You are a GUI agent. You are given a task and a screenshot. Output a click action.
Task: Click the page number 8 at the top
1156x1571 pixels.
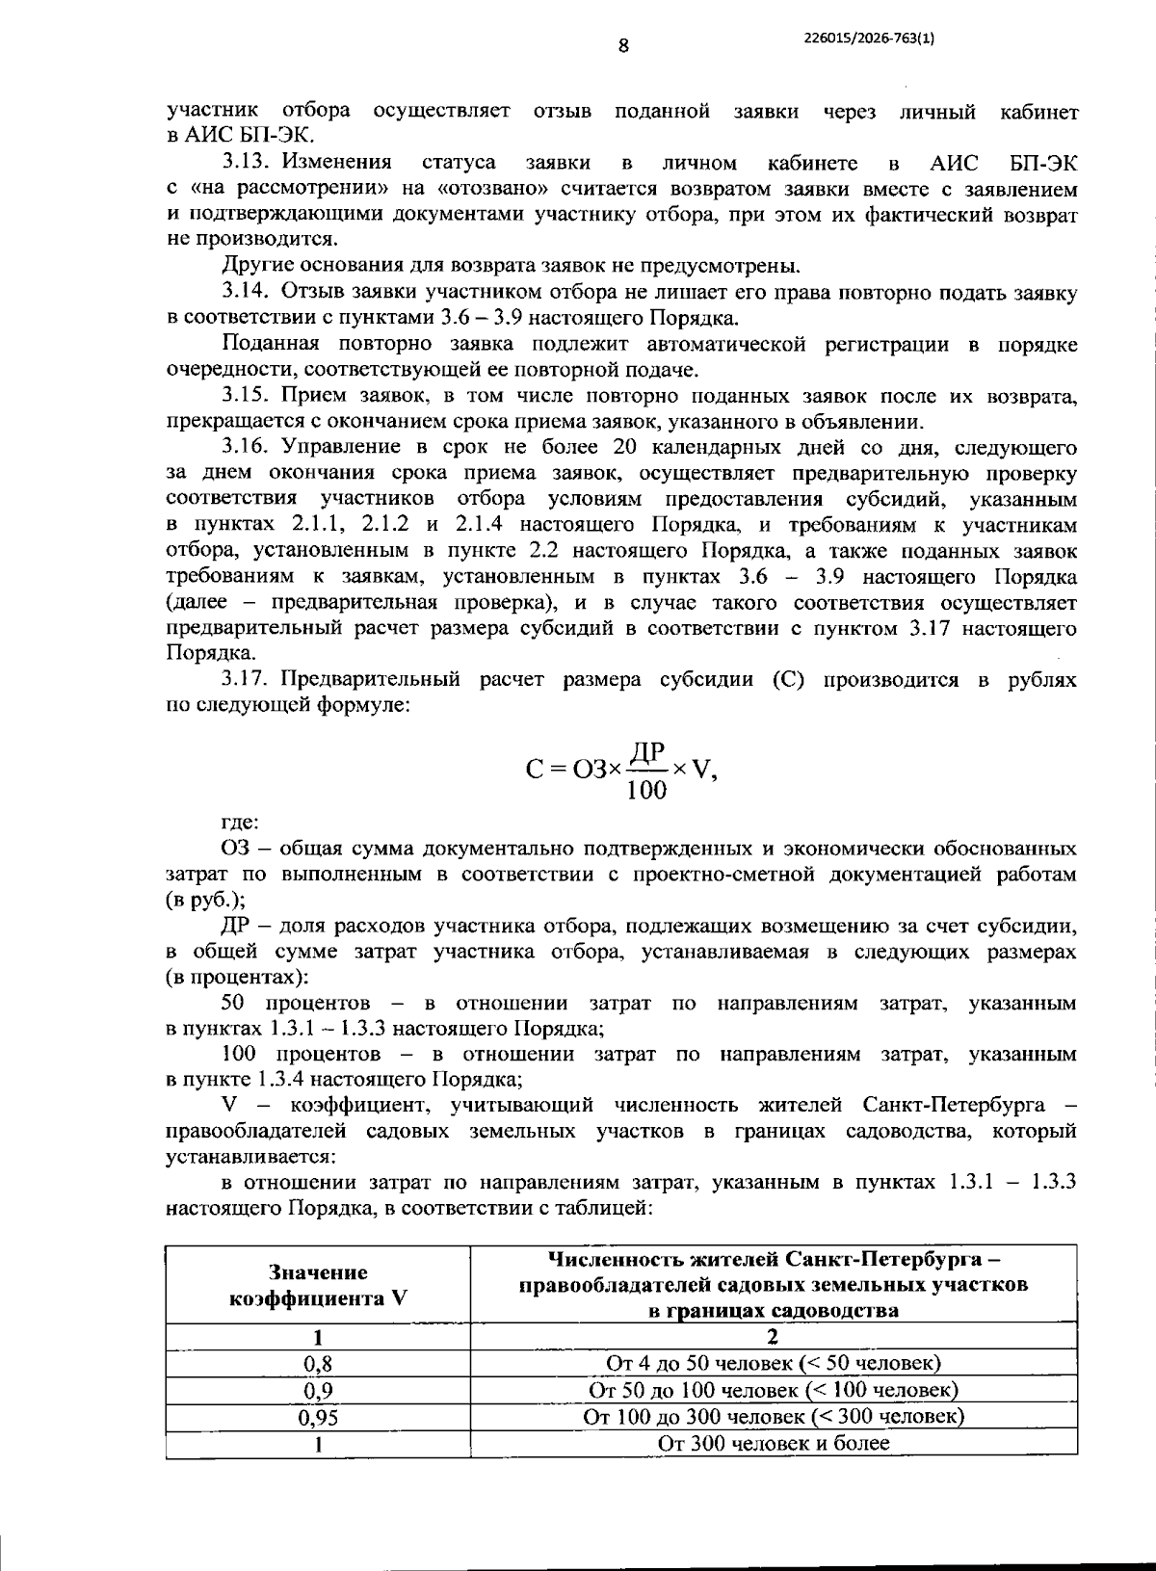(x=623, y=45)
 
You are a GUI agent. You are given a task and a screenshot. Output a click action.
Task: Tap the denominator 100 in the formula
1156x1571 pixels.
(x=646, y=791)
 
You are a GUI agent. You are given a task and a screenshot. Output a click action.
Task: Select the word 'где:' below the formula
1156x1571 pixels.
(x=240, y=824)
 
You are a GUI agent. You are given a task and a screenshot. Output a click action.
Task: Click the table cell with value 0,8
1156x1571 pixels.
(x=317, y=1363)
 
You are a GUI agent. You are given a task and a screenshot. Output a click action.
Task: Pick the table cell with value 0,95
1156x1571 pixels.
(x=317, y=1417)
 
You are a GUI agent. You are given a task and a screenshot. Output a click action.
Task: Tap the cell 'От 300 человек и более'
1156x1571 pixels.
(x=773, y=1443)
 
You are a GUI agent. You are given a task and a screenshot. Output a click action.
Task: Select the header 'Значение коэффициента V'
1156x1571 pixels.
(x=317, y=1284)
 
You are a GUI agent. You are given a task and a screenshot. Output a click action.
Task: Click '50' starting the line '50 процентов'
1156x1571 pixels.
(x=234, y=1004)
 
